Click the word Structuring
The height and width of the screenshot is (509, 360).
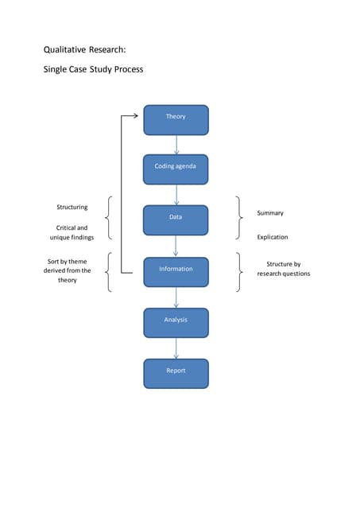tap(72, 208)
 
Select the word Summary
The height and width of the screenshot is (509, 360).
tap(270, 213)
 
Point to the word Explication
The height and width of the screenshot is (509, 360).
tap(273, 237)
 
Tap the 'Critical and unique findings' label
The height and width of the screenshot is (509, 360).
tap(72, 232)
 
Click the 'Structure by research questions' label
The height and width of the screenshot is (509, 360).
tap(283, 269)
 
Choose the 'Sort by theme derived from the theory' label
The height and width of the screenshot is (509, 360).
tap(68, 270)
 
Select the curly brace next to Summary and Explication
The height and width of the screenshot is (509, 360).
tap(239, 218)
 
